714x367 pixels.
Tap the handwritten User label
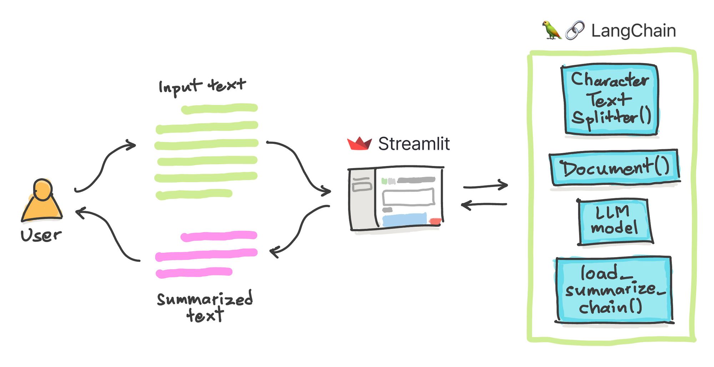(41, 236)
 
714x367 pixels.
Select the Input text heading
(202, 86)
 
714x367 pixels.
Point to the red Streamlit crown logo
(359, 144)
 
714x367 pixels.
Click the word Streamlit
(414, 144)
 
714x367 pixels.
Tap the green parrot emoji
(551, 30)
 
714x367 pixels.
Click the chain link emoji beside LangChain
(575, 30)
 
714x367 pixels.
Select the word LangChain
(633, 31)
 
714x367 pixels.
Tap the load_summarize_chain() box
(613, 289)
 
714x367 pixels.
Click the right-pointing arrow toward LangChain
(486, 186)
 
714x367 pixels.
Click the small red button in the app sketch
(435, 221)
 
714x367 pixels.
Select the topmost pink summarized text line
(219, 236)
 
